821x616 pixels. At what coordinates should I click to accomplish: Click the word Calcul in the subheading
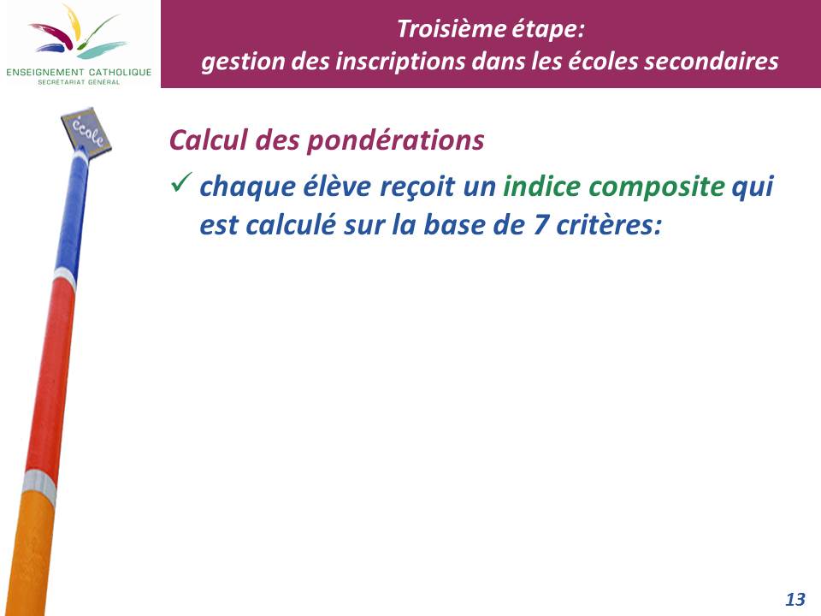(209, 139)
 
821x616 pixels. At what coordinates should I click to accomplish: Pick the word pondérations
(395, 141)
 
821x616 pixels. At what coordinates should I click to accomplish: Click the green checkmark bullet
(181, 182)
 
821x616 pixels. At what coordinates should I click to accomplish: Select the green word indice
(541, 186)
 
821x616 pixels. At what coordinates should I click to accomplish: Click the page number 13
(794, 599)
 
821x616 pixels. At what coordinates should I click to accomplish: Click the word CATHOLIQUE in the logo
(120, 72)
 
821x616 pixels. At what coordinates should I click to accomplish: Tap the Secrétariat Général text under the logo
(79, 82)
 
